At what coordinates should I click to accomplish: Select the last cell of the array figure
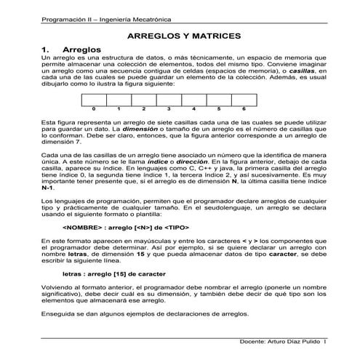point(244,100)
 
